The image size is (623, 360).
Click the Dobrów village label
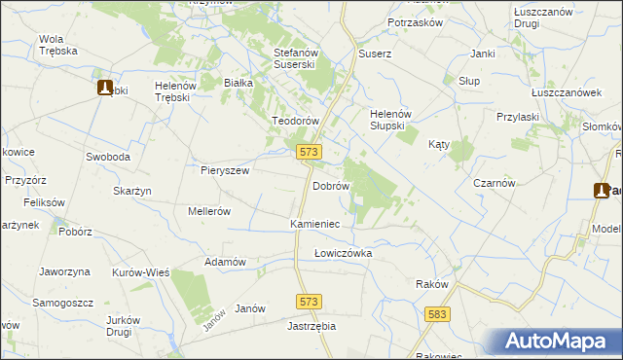pos(330,185)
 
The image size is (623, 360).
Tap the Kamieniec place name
pos(314,224)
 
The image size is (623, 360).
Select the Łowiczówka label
pos(343,253)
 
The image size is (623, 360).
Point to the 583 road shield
pos(438,314)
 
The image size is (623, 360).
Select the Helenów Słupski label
pos(395,120)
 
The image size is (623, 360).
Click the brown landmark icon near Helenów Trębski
pos(105,88)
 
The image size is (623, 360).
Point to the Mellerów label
pos(208,210)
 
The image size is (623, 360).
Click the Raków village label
pos(431,284)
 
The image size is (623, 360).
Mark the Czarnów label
pos(494,183)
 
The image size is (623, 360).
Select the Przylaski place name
pos(517,116)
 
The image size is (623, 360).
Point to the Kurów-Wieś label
pos(141,273)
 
